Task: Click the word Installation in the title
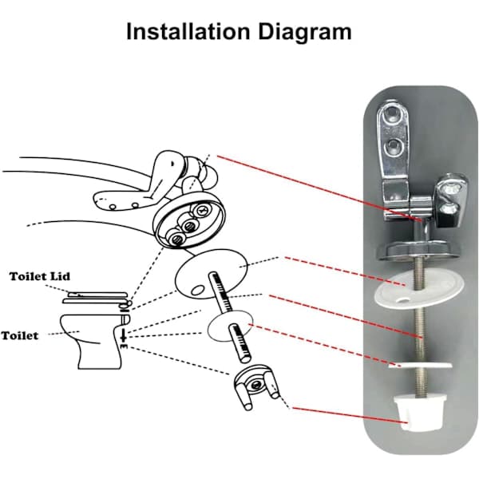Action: (188, 31)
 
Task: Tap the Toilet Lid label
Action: (40, 276)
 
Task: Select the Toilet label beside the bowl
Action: (20, 335)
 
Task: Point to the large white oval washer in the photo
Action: (419, 290)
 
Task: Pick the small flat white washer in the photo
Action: (421, 365)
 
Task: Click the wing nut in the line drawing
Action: (255, 386)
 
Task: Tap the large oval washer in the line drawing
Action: (211, 274)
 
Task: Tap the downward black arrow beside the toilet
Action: (124, 335)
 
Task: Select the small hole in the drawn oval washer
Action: (197, 290)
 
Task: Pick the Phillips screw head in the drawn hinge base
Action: (202, 210)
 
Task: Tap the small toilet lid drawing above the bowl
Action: (96, 298)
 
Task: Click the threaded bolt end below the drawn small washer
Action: (239, 342)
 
